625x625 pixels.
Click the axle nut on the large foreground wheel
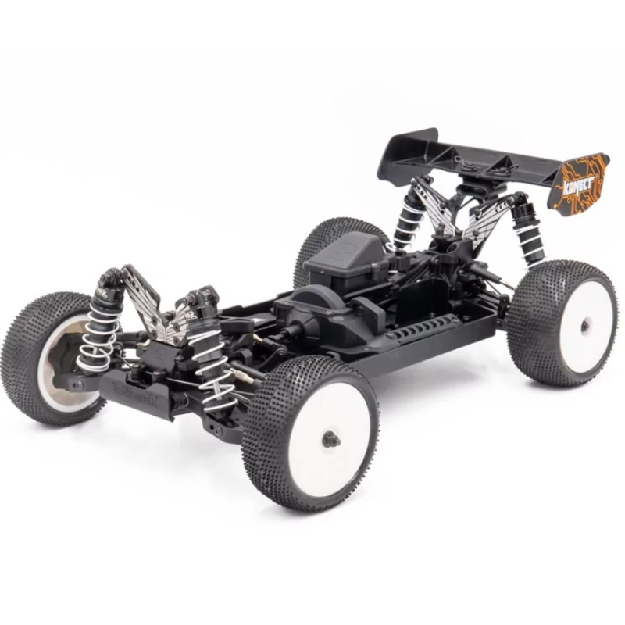tap(331, 438)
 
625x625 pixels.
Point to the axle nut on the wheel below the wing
tap(584, 325)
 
